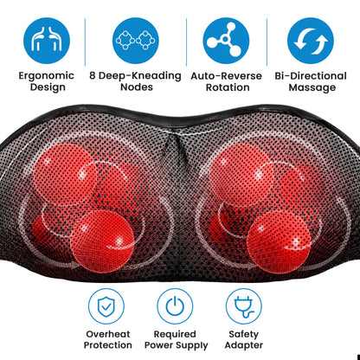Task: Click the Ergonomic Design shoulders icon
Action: (x=47, y=41)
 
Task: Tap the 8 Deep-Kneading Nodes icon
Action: (x=136, y=41)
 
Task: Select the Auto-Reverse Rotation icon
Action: (x=226, y=41)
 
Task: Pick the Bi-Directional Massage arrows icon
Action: (x=311, y=41)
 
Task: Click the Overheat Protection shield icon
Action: (x=106, y=306)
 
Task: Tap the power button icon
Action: (x=175, y=306)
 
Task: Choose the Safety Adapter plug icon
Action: (x=244, y=306)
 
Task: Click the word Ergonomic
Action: (x=47, y=76)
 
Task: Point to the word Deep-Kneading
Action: (x=140, y=76)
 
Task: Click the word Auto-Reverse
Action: (x=227, y=76)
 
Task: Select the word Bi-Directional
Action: (x=311, y=76)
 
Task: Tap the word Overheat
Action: (x=108, y=334)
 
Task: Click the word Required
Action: (x=175, y=335)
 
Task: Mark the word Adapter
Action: (x=244, y=345)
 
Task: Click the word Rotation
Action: (x=228, y=87)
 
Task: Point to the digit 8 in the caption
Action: (x=93, y=76)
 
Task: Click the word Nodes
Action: (x=137, y=87)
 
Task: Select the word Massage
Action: (x=312, y=88)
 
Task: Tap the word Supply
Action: (x=191, y=345)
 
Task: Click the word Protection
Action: (x=108, y=345)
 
